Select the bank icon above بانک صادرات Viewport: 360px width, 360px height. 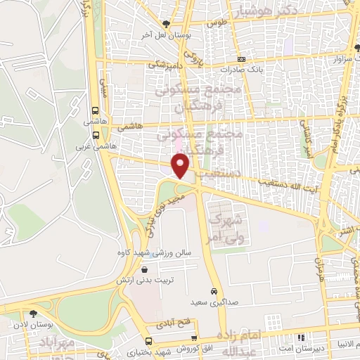242,60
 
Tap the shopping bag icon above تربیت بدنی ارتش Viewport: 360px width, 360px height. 144,268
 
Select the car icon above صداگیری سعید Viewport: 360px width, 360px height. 214,291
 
